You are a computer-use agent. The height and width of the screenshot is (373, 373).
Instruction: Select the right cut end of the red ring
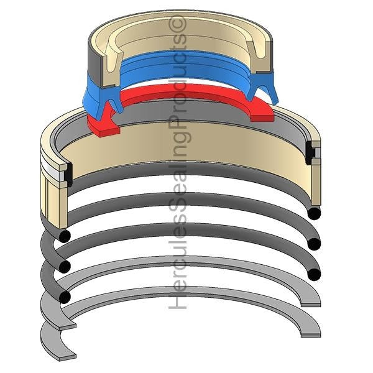coord(262,119)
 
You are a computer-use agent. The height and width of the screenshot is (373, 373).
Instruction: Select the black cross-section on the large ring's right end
coord(310,153)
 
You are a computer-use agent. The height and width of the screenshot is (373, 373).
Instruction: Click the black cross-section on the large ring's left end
coord(69,175)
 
